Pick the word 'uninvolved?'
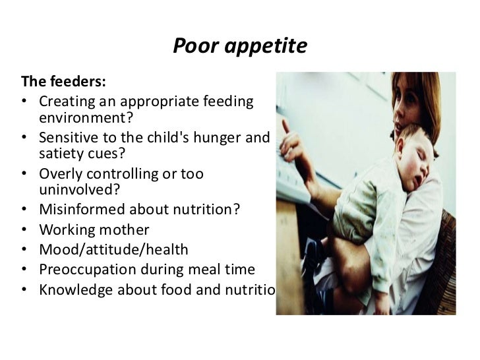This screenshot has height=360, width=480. pyautogui.click(x=73, y=191)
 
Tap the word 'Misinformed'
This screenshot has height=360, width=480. pyautogui.click(x=78, y=211)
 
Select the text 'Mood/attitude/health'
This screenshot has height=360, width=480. pyautogui.click(x=113, y=250)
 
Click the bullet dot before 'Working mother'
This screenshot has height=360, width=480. pyautogui.click(x=24, y=231)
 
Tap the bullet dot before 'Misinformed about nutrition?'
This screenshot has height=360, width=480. pyautogui.click(x=24, y=211)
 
